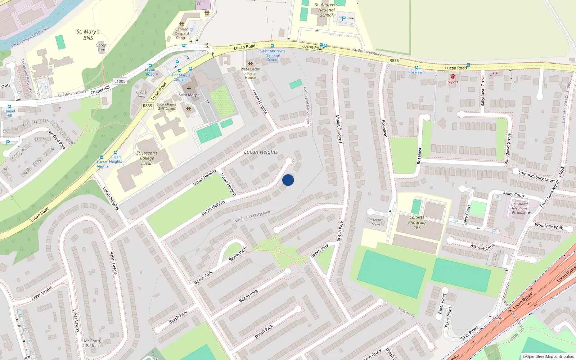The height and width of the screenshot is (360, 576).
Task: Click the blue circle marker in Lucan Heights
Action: click(x=288, y=180)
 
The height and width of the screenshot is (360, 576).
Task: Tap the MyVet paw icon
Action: click(x=453, y=77)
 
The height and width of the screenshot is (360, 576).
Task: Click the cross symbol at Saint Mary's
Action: click(x=189, y=89)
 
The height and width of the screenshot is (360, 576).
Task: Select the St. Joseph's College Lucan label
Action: click(x=147, y=158)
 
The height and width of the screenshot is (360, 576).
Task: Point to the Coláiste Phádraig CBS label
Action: click(x=417, y=222)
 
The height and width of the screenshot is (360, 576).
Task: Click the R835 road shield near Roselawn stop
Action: click(x=394, y=60)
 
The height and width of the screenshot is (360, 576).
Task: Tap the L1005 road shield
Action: click(x=120, y=81)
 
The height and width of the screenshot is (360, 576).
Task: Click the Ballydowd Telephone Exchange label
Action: click(x=519, y=208)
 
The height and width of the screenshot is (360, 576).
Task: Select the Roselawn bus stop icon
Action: click(x=416, y=68)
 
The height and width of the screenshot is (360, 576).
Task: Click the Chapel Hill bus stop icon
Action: click(x=9, y=107)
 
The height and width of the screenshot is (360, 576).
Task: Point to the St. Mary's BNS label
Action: click(x=88, y=35)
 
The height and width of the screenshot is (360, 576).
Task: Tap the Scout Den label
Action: click(x=102, y=48)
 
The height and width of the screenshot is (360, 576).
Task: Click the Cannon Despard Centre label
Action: click(x=182, y=33)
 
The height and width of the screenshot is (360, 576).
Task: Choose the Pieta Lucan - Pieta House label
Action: click(x=250, y=73)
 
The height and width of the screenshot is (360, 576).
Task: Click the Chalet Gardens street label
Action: click(x=338, y=129)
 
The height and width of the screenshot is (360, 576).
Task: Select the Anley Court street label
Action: click(x=514, y=194)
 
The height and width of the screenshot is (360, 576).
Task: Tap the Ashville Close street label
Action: click(x=482, y=247)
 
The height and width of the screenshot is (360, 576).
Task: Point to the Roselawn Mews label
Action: click(x=376, y=222)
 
